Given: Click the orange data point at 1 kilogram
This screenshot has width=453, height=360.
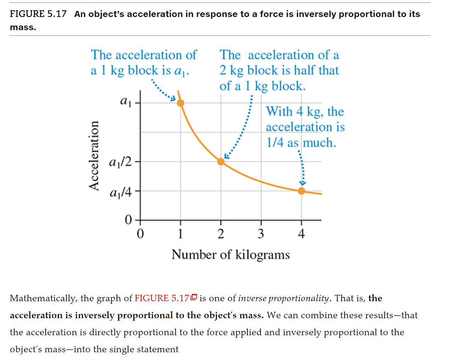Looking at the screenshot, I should [180, 103].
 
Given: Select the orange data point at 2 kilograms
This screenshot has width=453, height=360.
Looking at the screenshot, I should [221, 162].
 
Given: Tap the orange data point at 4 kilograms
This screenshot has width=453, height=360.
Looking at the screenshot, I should [301, 191].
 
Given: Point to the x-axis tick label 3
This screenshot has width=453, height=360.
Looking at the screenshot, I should [261, 234].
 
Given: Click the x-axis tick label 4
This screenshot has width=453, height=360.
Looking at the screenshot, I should [301, 234].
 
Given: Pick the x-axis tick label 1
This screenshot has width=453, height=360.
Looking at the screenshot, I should [180, 234].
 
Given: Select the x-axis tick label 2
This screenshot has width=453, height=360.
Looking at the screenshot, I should [221, 234].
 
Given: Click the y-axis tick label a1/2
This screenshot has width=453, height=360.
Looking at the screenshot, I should [120, 162].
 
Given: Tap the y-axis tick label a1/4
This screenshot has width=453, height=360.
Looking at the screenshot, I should [121, 192].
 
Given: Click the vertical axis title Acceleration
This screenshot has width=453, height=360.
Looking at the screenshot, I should [94, 156].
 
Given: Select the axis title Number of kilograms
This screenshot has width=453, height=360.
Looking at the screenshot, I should [230, 255].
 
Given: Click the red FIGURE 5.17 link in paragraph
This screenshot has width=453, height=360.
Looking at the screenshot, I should [162, 298].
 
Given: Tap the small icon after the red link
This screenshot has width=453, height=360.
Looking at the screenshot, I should [194, 297].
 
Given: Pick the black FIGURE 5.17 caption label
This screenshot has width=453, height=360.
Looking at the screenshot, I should [38, 14].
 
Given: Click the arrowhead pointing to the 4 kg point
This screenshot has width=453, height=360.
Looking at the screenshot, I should [302, 183].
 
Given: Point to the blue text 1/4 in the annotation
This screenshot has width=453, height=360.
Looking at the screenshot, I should [275, 143].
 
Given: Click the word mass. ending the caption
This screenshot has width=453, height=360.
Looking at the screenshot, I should [23, 27].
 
